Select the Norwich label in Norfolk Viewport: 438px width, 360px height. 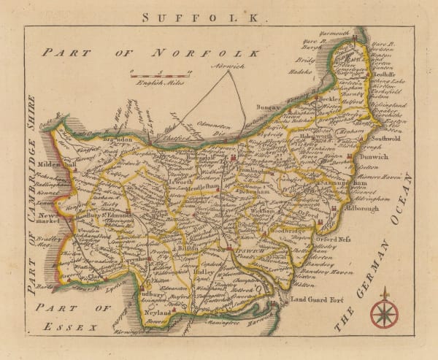click(x=227, y=66)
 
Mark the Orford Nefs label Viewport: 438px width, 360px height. click(x=334, y=238)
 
